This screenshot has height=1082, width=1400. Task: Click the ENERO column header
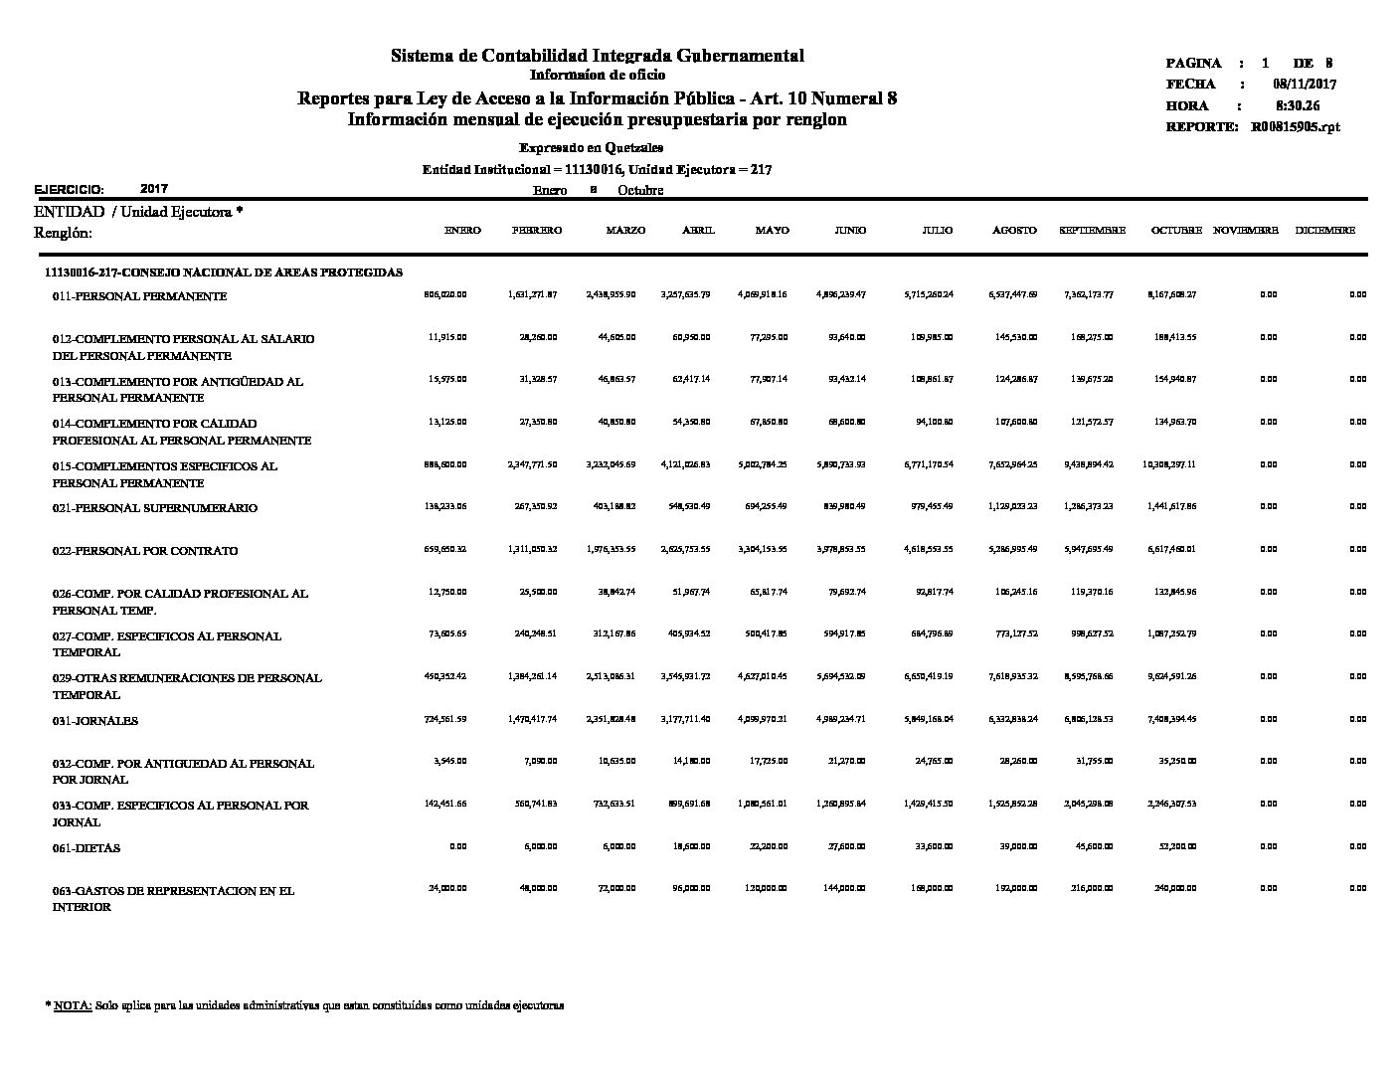(462, 231)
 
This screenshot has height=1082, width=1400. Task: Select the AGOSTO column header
(1014, 231)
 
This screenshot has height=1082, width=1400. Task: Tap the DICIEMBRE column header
(1324, 231)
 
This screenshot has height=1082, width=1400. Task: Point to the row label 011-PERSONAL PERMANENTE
(139, 296)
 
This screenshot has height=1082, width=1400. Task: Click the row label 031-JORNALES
(95, 721)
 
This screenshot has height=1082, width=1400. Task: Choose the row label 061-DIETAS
(87, 848)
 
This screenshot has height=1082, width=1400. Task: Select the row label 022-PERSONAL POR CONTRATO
(145, 551)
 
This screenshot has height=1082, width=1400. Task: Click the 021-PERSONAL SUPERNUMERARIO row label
(155, 508)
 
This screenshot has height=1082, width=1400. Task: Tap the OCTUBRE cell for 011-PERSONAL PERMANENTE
(1171, 294)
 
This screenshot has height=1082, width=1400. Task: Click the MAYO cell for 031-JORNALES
(763, 719)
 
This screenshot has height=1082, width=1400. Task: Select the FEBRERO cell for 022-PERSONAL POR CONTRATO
(532, 549)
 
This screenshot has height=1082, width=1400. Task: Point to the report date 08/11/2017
(1304, 85)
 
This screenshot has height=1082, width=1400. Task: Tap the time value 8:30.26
(1298, 105)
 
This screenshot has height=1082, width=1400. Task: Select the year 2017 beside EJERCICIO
(154, 188)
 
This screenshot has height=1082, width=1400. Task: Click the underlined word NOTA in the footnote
(73, 1005)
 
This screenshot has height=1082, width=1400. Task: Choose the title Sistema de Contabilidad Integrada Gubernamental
(597, 56)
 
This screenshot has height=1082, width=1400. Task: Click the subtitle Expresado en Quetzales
(598, 148)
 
